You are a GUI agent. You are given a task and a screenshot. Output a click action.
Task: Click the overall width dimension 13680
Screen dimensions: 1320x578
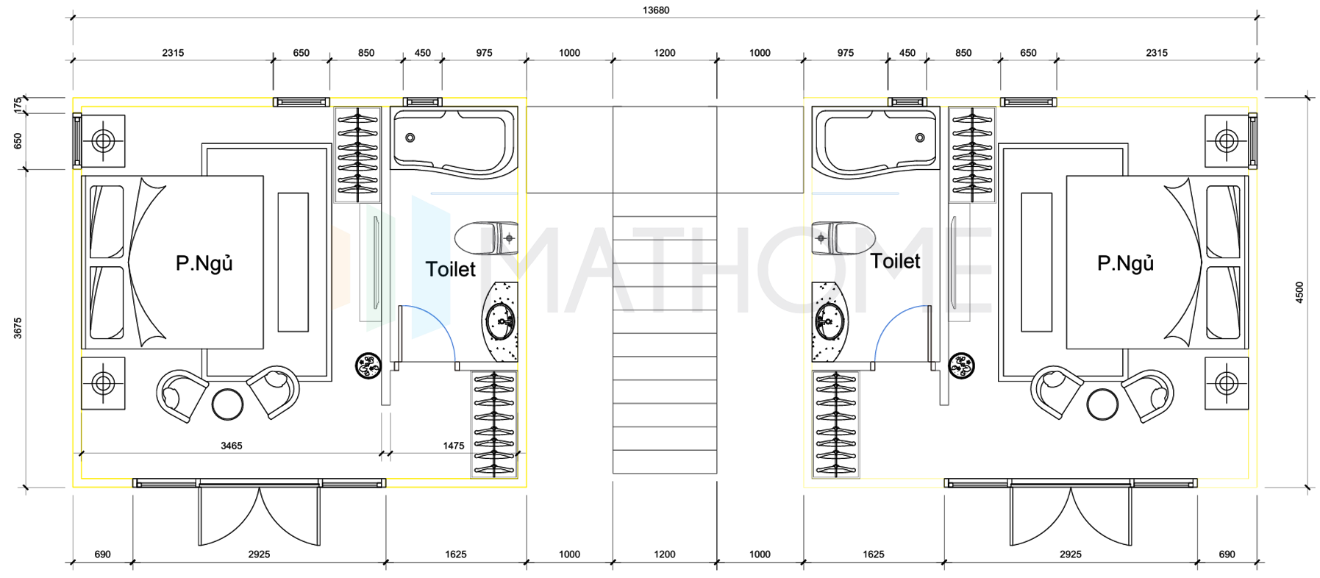pyautogui.click(x=656, y=10)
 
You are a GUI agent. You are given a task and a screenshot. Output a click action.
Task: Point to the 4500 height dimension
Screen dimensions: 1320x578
pyautogui.click(x=1299, y=293)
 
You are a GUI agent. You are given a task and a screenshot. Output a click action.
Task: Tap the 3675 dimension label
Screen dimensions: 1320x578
pyautogui.click(x=18, y=328)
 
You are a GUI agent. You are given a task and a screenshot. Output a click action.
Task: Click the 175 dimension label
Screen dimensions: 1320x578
pyautogui.click(x=18, y=105)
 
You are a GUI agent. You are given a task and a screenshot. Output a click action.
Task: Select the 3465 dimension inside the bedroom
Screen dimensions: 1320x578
pyautogui.click(x=231, y=446)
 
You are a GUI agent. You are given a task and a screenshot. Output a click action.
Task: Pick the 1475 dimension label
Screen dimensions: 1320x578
pyautogui.click(x=454, y=446)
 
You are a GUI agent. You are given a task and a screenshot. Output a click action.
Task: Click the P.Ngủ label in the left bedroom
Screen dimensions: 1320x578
pyautogui.click(x=204, y=263)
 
